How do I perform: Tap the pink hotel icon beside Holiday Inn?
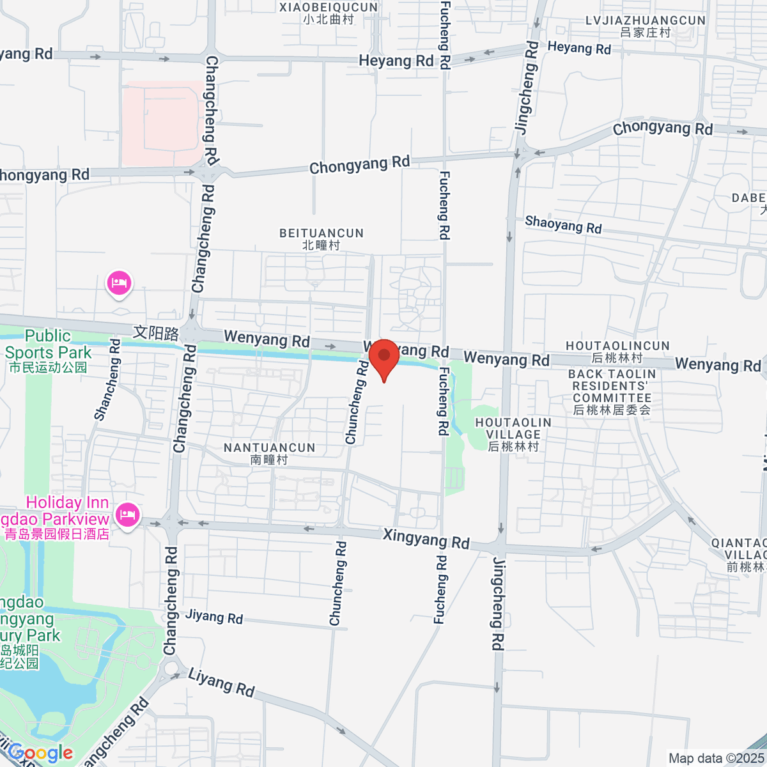(127, 514)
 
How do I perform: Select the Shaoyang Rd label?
(563, 224)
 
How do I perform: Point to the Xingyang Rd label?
(426, 539)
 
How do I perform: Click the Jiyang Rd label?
(214, 617)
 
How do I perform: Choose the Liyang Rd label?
(221, 683)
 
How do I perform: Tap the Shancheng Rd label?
(107, 380)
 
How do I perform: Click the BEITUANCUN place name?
(322, 239)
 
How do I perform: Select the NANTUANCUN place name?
(270, 453)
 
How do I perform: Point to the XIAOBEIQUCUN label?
(329, 13)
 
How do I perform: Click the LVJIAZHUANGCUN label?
(646, 26)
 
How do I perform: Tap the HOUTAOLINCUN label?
(617, 352)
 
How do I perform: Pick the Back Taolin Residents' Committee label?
(612, 392)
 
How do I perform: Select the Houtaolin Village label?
(513, 435)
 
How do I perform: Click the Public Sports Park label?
(49, 350)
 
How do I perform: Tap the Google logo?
(41, 753)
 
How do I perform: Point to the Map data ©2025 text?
(716, 759)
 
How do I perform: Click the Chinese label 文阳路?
(156, 333)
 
